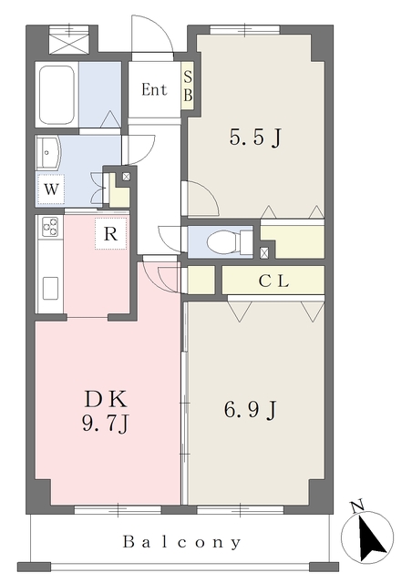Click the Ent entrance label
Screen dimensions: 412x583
click(154, 89)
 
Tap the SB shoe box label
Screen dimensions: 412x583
click(188, 87)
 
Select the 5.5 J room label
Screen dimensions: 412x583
click(255, 138)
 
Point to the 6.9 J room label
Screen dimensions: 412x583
click(250, 410)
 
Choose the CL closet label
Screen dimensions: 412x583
click(273, 281)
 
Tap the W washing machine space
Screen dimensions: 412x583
click(51, 189)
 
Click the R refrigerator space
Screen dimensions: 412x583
click(110, 234)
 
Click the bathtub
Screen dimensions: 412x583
click(57, 95)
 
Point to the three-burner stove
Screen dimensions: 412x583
click(50, 227)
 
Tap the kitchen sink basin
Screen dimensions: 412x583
click(50, 288)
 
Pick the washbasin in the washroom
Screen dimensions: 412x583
click(47, 152)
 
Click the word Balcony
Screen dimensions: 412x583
click(182, 542)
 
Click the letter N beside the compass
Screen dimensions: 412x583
click(357, 506)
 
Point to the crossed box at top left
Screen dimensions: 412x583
click(69, 40)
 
